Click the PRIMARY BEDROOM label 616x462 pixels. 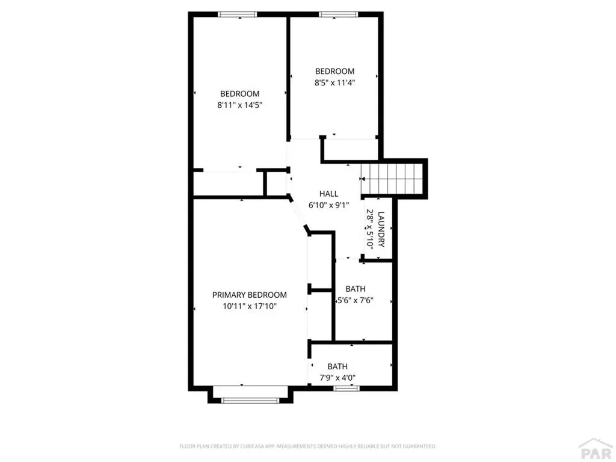250,295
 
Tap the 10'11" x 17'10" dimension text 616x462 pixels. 250,306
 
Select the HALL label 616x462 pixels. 329,194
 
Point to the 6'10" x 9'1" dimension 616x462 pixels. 329,205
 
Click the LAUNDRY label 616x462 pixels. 381,229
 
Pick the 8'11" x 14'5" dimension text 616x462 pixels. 239,105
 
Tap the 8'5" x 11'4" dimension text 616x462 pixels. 334,82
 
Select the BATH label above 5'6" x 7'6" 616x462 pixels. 356,289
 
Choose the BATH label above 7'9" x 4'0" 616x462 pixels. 337,366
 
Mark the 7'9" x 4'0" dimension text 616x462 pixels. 337,378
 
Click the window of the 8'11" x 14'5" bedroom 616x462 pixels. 237,14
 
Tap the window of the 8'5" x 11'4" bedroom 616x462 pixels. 338,14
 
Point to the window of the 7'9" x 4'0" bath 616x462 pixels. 346,389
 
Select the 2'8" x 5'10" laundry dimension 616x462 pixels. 370,228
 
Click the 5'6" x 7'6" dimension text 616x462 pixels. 356,301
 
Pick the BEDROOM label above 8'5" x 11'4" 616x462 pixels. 334,71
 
